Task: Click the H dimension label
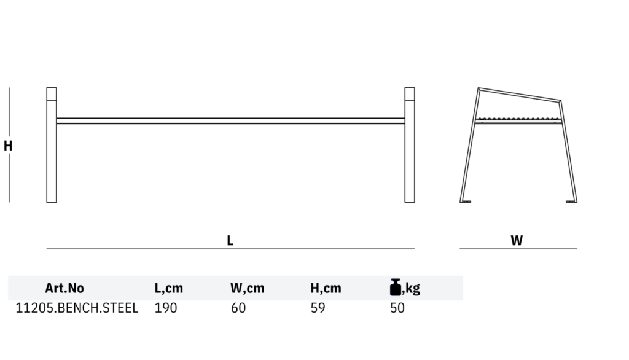[x=8, y=146]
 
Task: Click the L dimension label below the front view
[x=230, y=241]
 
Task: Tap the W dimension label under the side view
[x=517, y=241]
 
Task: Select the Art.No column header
[x=64, y=288]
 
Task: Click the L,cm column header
[x=168, y=288]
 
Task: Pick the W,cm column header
[x=248, y=288]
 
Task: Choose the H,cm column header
[x=326, y=288]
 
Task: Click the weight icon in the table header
[x=396, y=287]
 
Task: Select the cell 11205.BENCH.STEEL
[x=77, y=308]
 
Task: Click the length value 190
[x=166, y=308]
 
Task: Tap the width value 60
[x=238, y=308]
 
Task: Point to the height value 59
[x=318, y=308]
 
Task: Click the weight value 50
[x=397, y=308]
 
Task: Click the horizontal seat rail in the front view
[x=230, y=121]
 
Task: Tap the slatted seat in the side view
[x=518, y=119]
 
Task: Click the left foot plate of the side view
[x=466, y=202]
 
